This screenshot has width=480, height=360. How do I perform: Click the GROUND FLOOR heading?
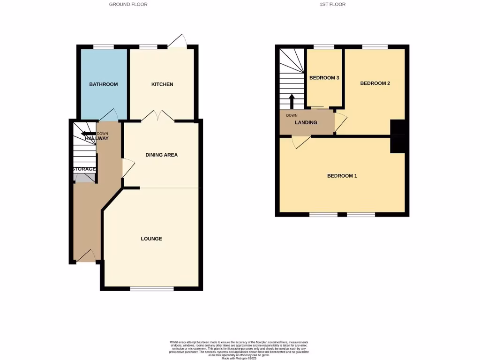pyautogui.click(x=128, y=4)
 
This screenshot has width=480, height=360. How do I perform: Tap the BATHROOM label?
pyautogui.click(x=104, y=84)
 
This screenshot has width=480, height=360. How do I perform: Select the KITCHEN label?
pyautogui.click(x=162, y=84)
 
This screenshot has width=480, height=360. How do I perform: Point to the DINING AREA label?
pyautogui.click(x=162, y=155)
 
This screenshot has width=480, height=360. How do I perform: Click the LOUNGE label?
pyautogui.click(x=151, y=239)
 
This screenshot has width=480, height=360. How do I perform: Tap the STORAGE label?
pyautogui.click(x=84, y=169)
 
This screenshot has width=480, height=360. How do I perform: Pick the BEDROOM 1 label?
pyautogui.click(x=342, y=176)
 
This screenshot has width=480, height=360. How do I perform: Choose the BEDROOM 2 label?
pyautogui.click(x=375, y=83)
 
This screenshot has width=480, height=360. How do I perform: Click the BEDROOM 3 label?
pyautogui.click(x=324, y=78)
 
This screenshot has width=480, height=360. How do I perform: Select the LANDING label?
pyautogui.click(x=306, y=123)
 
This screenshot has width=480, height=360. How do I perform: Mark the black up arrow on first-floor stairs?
pyautogui.click(x=292, y=100)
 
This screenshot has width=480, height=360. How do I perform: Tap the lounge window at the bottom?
pyautogui.click(x=151, y=288)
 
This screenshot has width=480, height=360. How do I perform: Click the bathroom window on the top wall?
pyautogui.click(x=104, y=46)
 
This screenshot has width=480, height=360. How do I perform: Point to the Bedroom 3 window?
pyautogui.click(x=323, y=46)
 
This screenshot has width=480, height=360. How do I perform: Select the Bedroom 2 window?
pyautogui.click(x=375, y=46)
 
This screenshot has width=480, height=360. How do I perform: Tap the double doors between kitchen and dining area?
pyautogui.click(x=158, y=115)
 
